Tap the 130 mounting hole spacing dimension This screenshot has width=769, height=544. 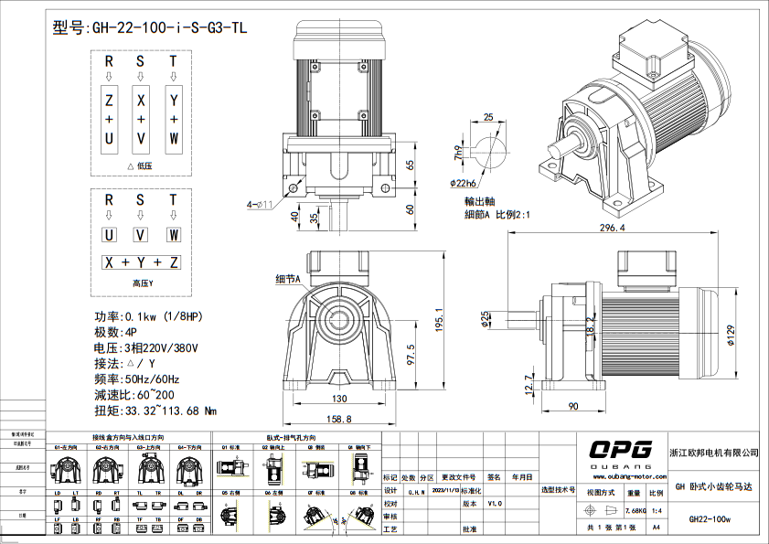click(x=338, y=400)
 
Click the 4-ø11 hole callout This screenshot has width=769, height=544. click(x=261, y=203)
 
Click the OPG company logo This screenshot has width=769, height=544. click(x=620, y=449)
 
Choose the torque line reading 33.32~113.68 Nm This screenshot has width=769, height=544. click(x=155, y=411)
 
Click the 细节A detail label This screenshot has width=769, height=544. click(x=288, y=278)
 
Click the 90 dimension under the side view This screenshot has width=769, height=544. click(x=573, y=405)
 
